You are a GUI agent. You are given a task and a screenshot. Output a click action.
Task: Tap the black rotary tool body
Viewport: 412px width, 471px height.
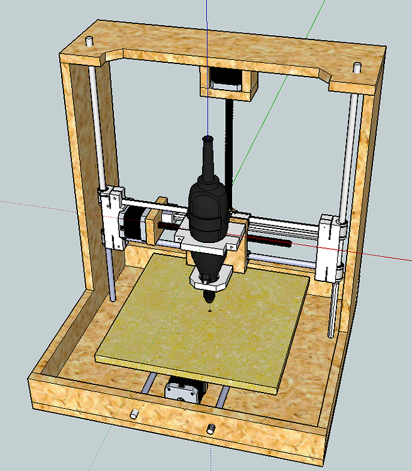[207, 207]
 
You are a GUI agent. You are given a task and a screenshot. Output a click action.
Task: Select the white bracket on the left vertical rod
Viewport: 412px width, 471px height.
[113, 217]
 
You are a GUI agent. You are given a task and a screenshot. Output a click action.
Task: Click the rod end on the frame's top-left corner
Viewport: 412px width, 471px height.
[89, 41]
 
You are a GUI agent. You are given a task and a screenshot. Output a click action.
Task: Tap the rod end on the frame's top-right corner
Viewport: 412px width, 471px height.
[357, 66]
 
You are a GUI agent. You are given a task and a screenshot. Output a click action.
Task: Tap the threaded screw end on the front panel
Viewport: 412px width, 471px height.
[211, 430]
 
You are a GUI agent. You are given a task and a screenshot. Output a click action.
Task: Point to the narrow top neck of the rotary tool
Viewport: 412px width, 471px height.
[208, 154]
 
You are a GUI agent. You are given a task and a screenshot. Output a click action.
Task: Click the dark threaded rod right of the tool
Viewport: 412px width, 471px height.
[270, 239]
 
